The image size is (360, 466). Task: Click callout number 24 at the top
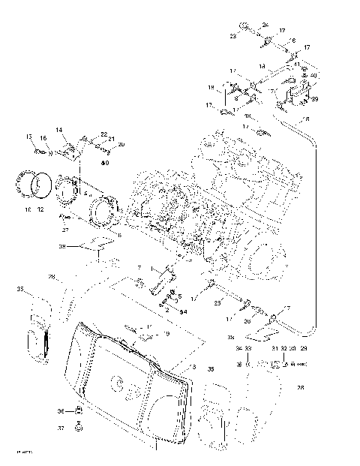pyautogui.click(x=265, y=26)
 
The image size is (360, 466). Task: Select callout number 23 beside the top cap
pyautogui.click(x=232, y=35)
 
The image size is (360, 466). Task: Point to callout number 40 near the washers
pyautogui.click(x=313, y=76)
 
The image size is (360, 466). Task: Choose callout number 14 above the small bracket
pyautogui.click(x=58, y=130)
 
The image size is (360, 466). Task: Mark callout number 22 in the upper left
pyautogui.click(x=103, y=134)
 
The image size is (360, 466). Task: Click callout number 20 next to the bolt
pyautogui.click(x=121, y=144)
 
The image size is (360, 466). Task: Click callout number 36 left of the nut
pyautogui.click(x=61, y=410)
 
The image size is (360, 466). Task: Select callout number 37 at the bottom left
pyautogui.click(x=61, y=428)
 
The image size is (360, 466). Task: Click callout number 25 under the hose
pyautogui.click(x=216, y=302)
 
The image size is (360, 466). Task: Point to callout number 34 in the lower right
pyautogui.click(x=238, y=349)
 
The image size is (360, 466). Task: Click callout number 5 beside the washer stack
pyautogui.click(x=179, y=296)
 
